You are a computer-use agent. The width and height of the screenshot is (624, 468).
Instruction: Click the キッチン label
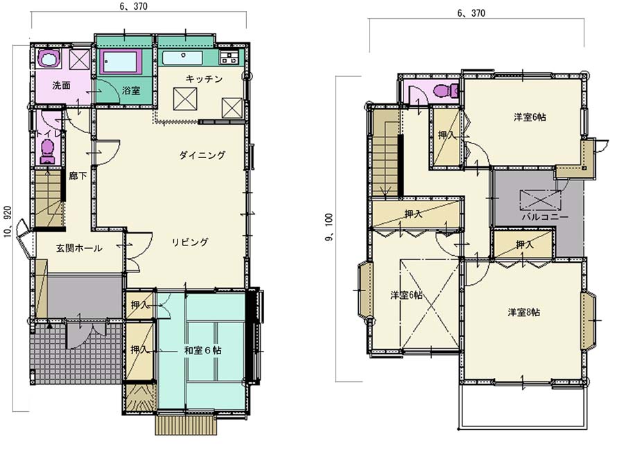[204, 79]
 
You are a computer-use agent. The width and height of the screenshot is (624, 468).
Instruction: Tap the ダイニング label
[202, 155]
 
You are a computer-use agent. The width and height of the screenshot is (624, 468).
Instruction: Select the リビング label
[190, 242]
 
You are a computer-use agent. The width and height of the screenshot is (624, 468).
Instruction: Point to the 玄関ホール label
[79, 248]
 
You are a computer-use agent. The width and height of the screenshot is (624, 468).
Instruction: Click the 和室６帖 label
[203, 350]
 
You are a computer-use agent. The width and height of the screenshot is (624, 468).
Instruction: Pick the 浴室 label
[131, 90]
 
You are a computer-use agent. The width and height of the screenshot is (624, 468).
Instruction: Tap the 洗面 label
[62, 85]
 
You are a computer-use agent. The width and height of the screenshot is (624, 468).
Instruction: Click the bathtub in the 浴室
[121, 61]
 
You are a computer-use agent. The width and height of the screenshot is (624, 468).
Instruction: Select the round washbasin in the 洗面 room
[49, 60]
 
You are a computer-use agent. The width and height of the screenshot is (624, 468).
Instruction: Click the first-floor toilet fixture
[48, 152]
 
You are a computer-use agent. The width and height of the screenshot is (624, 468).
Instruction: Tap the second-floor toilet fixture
[444, 91]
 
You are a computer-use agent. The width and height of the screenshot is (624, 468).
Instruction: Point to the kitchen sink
[182, 58]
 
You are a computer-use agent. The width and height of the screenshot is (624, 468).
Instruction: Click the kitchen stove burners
[229, 58]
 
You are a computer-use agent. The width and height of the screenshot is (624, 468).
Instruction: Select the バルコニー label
[545, 217]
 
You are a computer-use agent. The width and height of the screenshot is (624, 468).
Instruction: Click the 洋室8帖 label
[523, 312]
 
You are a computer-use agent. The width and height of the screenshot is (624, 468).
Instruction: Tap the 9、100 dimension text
[329, 227]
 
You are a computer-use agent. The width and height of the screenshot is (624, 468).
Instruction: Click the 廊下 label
[78, 175]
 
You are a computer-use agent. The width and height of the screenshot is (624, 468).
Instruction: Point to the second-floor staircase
[384, 154]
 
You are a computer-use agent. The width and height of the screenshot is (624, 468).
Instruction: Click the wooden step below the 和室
[187, 425]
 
